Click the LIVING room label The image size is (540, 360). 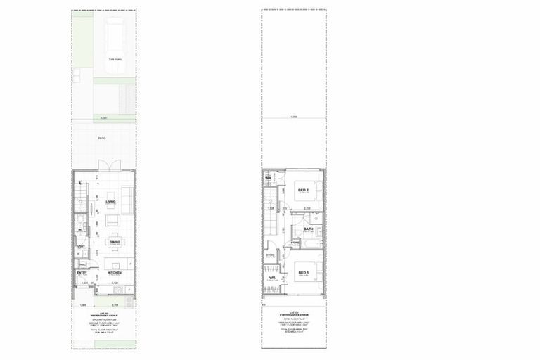pyautogui.click(x=110, y=202)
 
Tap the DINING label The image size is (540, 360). pyautogui.click(x=114, y=241)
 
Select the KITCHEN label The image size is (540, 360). pyautogui.click(x=115, y=271)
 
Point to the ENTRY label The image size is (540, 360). pyautogui.click(x=82, y=272)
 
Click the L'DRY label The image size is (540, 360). pyautogui.click(x=81, y=245)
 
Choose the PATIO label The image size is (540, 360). pyautogui.click(x=102, y=139)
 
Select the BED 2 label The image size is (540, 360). pyautogui.click(x=304, y=190)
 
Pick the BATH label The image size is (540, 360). pyautogui.click(x=308, y=229)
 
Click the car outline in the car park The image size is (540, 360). pyautogui.click(x=114, y=42)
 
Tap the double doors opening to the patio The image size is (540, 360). pyautogui.click(x=109, y=166)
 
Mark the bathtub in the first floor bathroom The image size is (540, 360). pyautogui.click(x=307, y=243)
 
